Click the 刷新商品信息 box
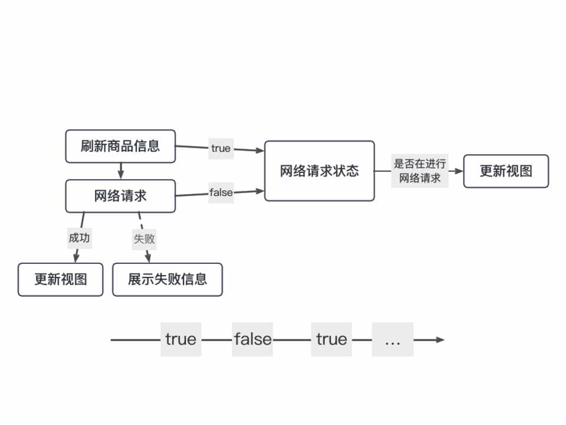pos(120,146)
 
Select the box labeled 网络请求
pos(120,196)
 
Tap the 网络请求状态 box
pos(319,171)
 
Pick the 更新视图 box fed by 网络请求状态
pos(506,171)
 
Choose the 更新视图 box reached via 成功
pos(60,279)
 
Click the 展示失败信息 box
pos(168,279)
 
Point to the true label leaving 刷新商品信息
pos(221,148)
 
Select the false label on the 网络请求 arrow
pos(221,192)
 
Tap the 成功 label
pos(80,238)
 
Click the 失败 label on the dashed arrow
pos(144,238)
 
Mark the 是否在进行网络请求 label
pos(420,171)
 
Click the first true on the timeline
pos(181,339)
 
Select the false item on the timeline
pos(253,339)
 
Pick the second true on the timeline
pos(332,339)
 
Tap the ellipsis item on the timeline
pos(392,339)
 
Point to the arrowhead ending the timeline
pos(440,339)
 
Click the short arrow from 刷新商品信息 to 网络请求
pos(120,171)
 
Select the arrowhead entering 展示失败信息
pos(148,259)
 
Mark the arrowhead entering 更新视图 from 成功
pos(76,259)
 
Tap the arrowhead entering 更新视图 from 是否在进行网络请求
pos(459,171)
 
